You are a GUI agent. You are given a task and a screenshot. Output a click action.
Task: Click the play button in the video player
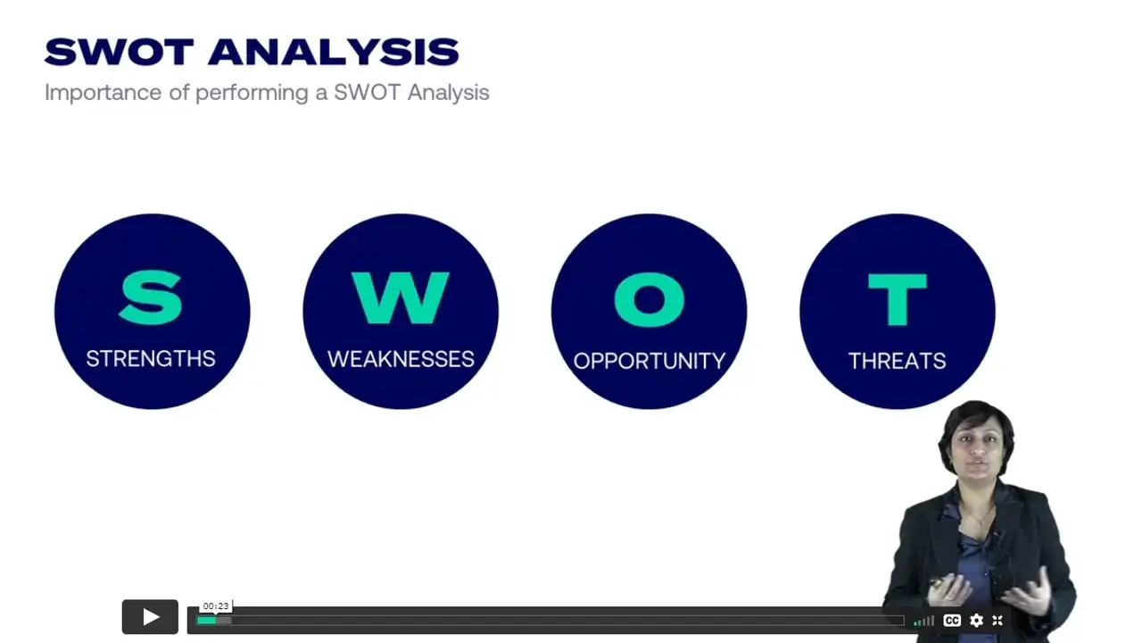click(150, 617)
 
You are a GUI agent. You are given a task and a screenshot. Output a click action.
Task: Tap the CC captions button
click(952, 620)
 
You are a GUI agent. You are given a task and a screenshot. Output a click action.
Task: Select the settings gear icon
click(976, 620)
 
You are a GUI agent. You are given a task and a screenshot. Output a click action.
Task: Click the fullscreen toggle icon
click(997, 620)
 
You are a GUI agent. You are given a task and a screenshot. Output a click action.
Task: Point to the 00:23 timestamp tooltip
click(216, 606)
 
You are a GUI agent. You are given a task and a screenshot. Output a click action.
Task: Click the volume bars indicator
click(923, 621)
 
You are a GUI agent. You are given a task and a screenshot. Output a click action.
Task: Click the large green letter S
click(151, 298)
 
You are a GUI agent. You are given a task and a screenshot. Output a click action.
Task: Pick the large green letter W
click(401, 298)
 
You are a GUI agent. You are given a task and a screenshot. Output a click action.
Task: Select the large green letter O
click(649, 299)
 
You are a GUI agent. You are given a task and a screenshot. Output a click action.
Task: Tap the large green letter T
click(898, 299)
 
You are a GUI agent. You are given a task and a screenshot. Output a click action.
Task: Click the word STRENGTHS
click(151, 359)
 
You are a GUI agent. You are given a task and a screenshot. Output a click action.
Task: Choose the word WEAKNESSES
click(401, 359)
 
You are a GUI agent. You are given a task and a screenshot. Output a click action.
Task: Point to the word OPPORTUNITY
click(649, 362)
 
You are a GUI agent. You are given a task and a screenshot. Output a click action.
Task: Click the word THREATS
click(898, 362)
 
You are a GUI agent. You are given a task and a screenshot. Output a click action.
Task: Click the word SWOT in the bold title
click(120, 52)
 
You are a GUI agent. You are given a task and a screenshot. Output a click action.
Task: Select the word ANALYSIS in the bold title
click(334, 52)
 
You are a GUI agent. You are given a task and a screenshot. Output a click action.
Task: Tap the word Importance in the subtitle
click(103, 94)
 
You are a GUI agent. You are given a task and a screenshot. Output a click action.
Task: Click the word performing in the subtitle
click(252, 94)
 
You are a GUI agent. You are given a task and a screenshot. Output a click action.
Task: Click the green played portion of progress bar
click(206, 621)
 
